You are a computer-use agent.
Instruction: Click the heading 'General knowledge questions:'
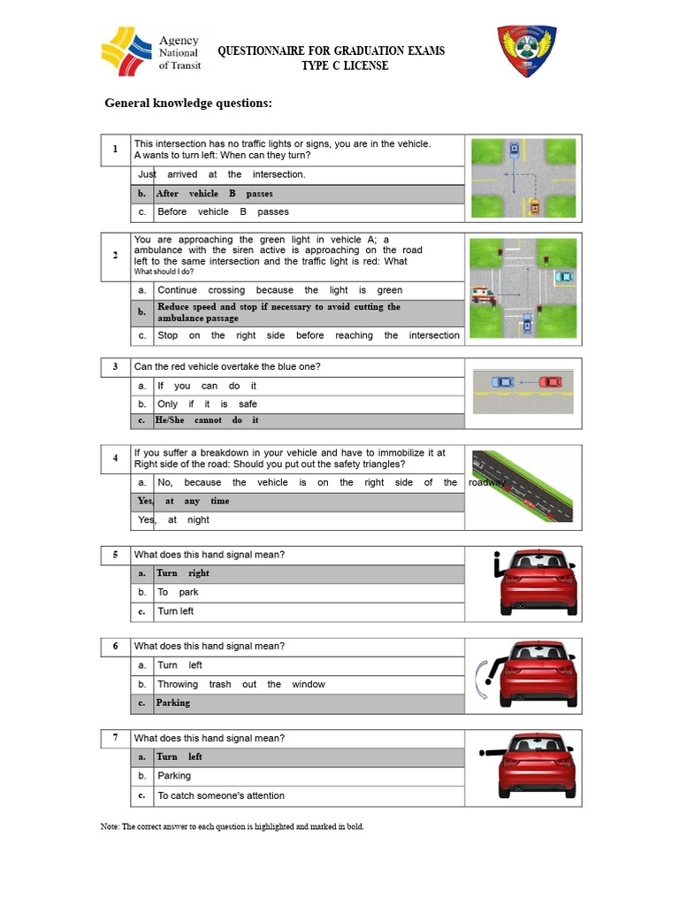point(188,104)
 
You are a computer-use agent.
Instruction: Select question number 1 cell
point(115,150)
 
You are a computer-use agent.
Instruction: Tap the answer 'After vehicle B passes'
point(215,194)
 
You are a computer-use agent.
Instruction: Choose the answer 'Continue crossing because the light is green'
point(279,290)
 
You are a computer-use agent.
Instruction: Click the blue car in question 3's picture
point(502,381)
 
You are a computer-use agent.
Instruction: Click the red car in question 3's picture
point(551,381)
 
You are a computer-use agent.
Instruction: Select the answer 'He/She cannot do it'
point(207,420)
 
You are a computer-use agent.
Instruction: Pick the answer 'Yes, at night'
point(174,520)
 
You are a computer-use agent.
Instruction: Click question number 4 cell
point(115,458)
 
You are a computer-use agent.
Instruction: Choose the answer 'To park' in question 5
point(178,592)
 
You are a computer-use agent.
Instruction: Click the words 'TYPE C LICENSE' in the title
point(344,66)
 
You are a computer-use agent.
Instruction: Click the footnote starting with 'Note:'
point(232,826)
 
